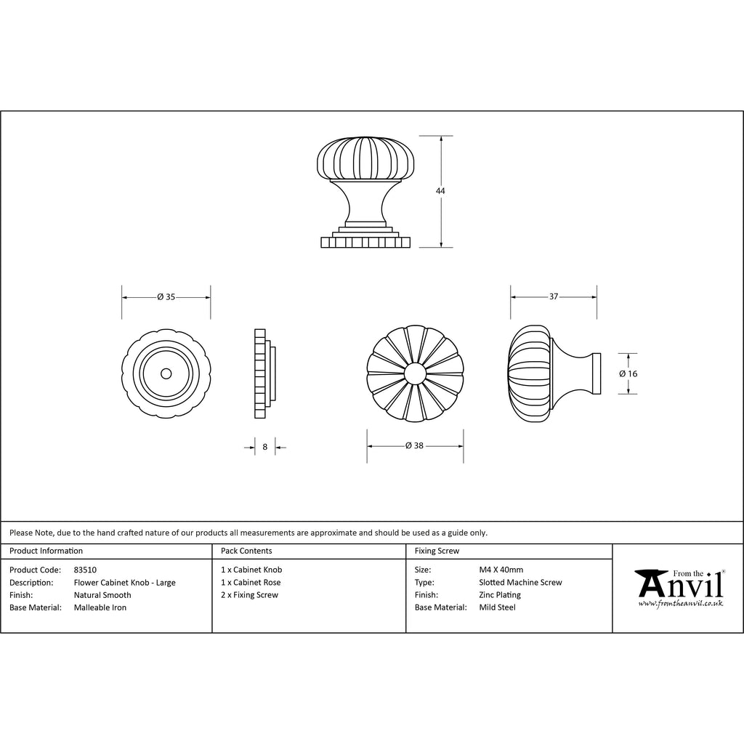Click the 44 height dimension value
[440, 191]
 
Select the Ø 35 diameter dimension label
[166, 297]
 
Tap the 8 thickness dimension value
[264, 447]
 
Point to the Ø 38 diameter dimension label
[414, 445]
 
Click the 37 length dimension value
[554, 296]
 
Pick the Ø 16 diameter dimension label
[628, 373]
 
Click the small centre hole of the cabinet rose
[166, 374]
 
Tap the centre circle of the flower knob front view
[415, 374]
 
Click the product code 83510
[85, 570]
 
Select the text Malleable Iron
[100, 607]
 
